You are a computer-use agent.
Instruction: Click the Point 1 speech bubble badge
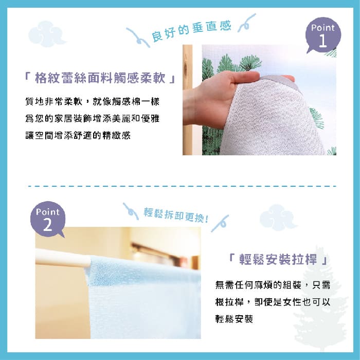pyautogui.click(x=323, y=35)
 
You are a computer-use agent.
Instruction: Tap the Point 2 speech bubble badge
pyautogui.click(x=48, y=219)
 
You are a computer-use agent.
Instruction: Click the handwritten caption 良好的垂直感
pyautogui.click(x=191, y=31)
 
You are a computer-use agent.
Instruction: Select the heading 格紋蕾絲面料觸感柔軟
pyautogui.click(x=100, y=78)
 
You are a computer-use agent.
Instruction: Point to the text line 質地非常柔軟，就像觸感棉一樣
pyautogui.click(x=92, y=101)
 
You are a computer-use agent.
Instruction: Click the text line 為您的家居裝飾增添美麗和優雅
pyautogui.click(x=92, y=118)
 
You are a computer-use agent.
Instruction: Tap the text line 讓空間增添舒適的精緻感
pyautogui.click(x=78, y=135)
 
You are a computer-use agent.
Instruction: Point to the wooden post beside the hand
pyautogui.click(x=188, y=100)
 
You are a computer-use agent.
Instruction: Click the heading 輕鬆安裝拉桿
pyautogui.click(x=278, y=259)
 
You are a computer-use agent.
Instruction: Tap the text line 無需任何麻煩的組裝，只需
pyautogui.click(x=273, y=285)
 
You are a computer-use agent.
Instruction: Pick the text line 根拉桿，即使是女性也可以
pyautogui.click(x=273, y=302)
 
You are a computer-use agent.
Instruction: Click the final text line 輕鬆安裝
pyautogui.click(x=234, y=319)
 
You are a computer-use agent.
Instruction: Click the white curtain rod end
pyautogui.click(x=85, y=261)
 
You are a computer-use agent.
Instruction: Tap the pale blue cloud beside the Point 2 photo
pyautogui.click(x=278, y=218)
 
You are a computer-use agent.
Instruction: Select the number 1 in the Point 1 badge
pyautogui.click(x=323, y=41)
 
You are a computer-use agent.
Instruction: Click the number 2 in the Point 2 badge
pyautogui.click(x=47, y=225)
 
